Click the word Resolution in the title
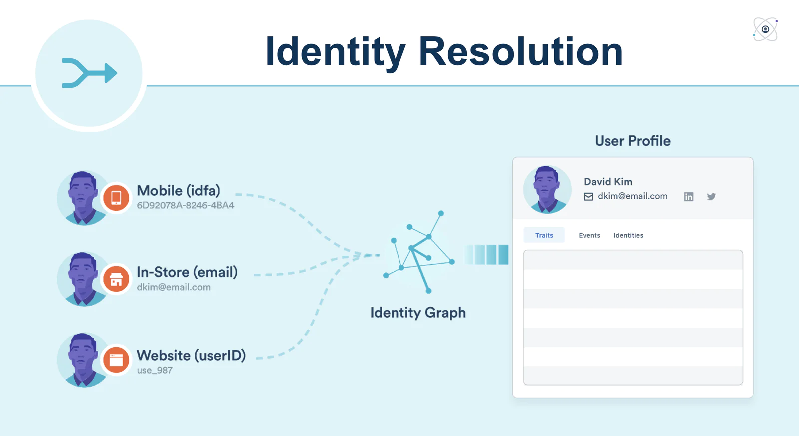coord(520,51)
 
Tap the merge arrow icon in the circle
coord(89,73)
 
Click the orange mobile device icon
coord(116,197)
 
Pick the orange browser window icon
coord(116,360)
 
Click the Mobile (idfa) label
coord(178,191)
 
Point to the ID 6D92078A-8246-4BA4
coord(185,205)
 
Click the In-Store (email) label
coord(187,272)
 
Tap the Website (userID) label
coord(191,355)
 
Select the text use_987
coord(155,370)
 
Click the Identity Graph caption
coord(418,313)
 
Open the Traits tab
coord(544,235)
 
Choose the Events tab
coord(589,235)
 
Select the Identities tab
coord(628,235)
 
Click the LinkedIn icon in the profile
coord(688,197)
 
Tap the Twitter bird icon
coord(711,197)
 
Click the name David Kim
coord(608,182)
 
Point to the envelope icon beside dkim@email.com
coord(589,197)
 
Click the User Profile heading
coord(632,141)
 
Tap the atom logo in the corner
coord(765,29)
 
